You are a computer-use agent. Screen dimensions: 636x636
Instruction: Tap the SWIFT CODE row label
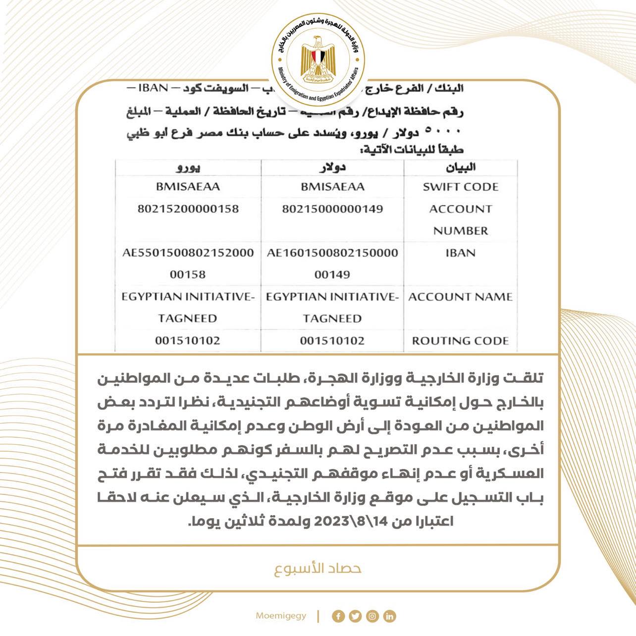point(460,187)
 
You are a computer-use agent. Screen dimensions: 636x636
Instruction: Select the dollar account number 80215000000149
point(332,209)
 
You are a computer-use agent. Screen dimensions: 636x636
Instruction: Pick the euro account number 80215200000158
point(188,209)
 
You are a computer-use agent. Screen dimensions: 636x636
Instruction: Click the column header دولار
point(332,167)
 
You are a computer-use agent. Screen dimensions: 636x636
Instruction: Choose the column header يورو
point(188,168)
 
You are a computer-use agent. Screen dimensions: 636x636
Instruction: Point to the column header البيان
point(461,167)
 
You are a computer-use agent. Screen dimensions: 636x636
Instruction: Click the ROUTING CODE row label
point(460,341)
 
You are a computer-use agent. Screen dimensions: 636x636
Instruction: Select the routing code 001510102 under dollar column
point(332,341)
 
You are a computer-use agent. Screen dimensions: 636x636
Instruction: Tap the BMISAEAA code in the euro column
point(188,187)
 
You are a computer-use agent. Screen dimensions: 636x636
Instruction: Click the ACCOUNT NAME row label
point(460,297)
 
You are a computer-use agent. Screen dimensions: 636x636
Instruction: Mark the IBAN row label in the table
point(460,253)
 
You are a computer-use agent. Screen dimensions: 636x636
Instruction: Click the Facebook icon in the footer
point(339,616)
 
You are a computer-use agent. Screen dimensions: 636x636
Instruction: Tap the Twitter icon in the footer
point(355,616)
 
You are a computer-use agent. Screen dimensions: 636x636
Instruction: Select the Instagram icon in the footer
point(372,616)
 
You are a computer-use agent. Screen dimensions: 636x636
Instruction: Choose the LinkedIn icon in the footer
point(389,616)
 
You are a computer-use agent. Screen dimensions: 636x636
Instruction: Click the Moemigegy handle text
point(281,616)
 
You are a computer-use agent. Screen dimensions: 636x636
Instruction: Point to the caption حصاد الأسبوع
point(318,568)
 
